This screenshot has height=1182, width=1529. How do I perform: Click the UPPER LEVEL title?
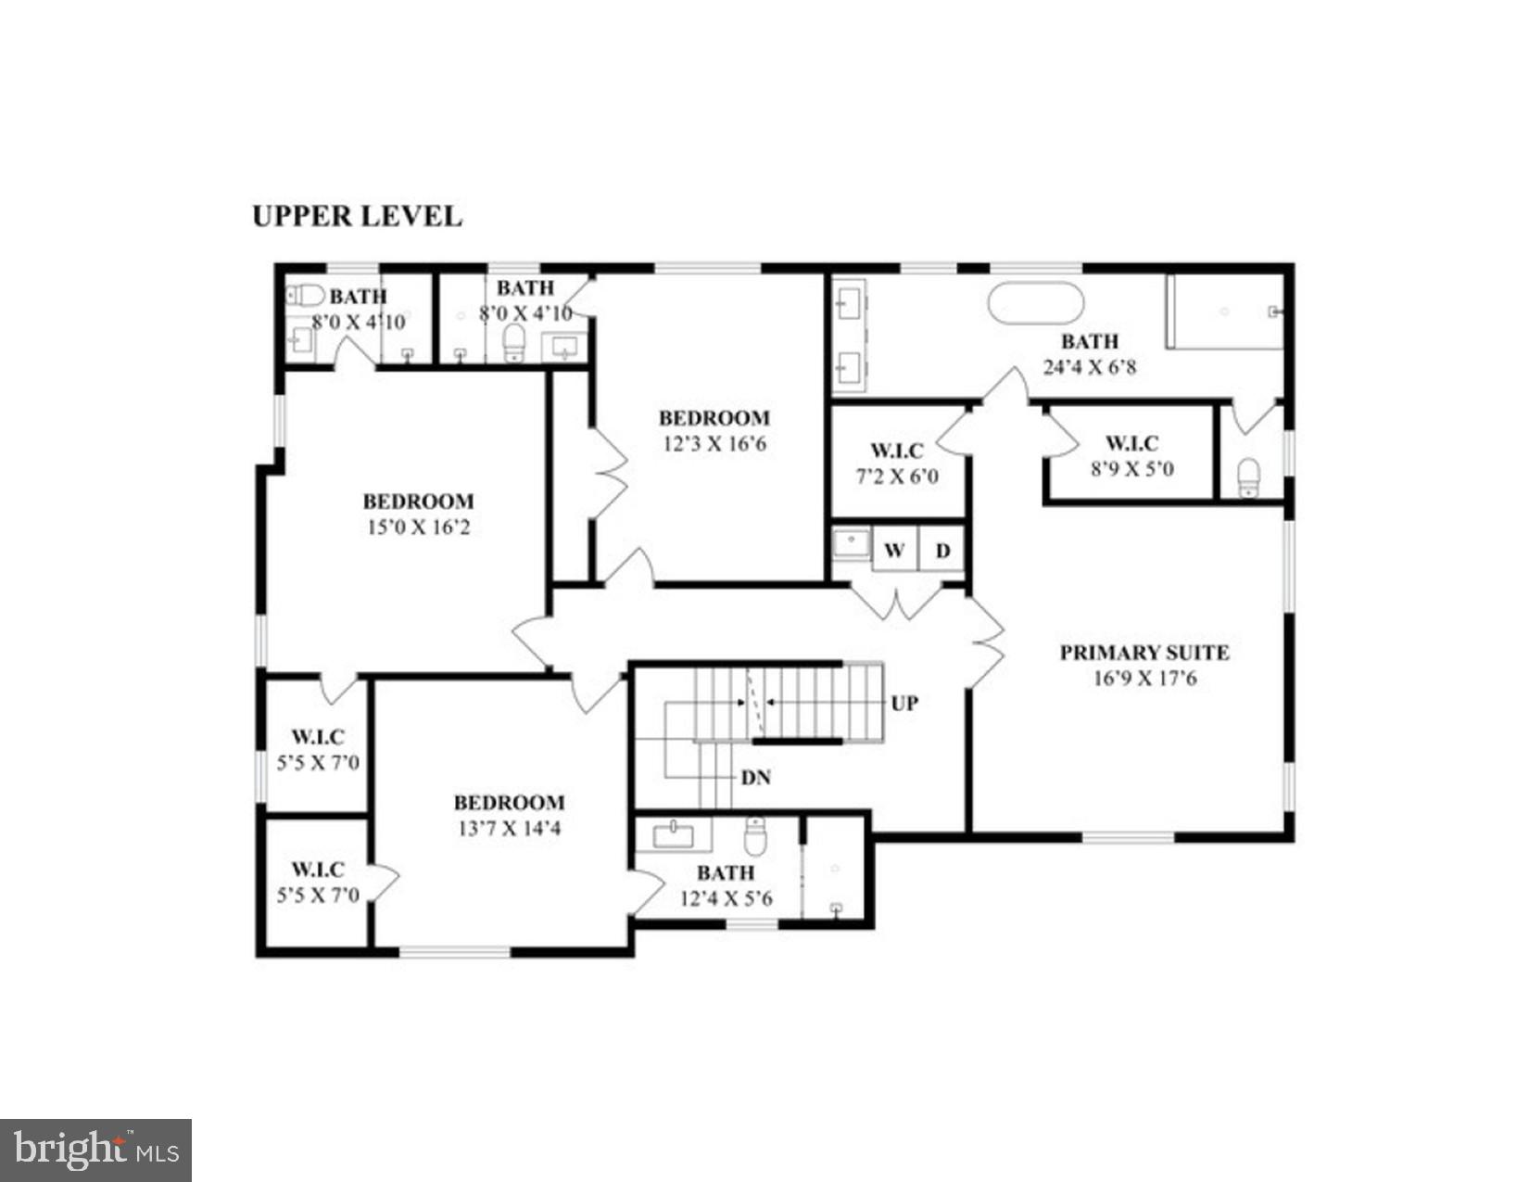[357, 216]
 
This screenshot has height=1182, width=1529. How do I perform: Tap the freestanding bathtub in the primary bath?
[1035, 302]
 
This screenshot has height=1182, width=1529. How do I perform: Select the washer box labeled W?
[894, 550]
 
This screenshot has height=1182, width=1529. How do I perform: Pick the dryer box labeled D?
[942, 550]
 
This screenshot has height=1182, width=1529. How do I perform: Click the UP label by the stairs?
[904, 703]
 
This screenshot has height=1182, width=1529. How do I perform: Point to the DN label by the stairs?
[756, 777]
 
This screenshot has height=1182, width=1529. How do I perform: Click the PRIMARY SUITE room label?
[1144, 652]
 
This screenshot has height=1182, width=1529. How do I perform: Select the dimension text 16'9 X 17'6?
[1144, 679]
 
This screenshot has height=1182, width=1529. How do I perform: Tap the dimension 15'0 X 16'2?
[418, 527]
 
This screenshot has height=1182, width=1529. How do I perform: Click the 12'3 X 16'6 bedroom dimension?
[714, 444]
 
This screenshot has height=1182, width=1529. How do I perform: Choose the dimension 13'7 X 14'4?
[509, 829]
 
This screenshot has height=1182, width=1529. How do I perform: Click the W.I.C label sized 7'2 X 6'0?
[896, 451]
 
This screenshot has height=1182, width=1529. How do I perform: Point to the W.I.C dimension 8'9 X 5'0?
[1131, 469]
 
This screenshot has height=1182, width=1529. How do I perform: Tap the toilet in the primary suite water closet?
[1249, 478]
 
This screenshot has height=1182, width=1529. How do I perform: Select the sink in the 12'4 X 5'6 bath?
[673, 836]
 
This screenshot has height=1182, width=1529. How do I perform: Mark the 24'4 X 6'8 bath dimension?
[1089, 367]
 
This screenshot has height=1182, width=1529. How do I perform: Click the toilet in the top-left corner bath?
[305, 296]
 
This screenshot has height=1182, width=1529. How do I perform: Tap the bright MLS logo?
[95, 1150]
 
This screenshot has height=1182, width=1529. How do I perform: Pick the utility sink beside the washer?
[851, 543]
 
